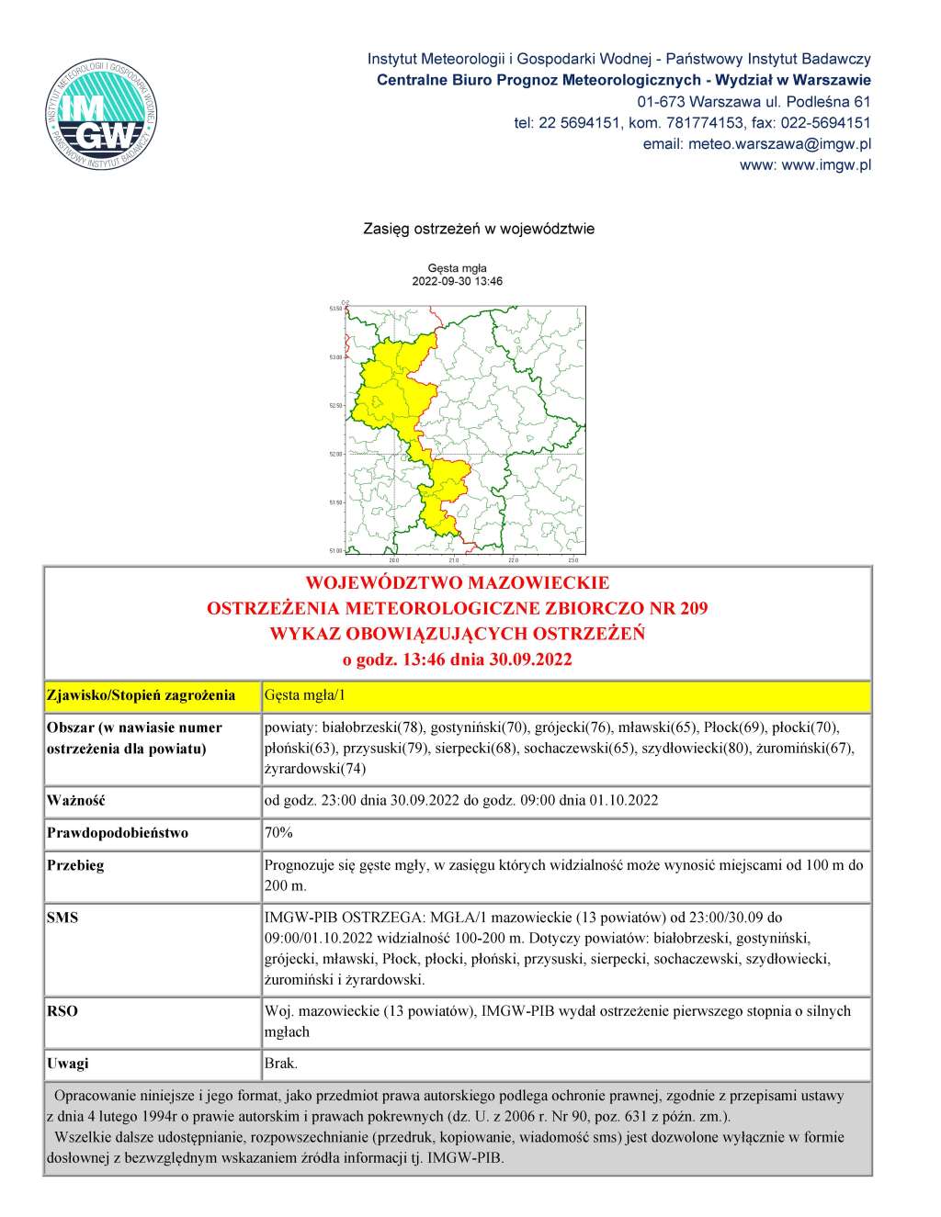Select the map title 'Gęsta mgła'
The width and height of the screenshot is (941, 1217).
(x=457, y=268)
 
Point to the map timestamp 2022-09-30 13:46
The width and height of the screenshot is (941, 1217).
(x=457, y=281)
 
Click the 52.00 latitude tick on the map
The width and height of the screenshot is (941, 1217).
(x=335, y=454)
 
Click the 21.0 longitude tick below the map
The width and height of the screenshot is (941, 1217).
(x=453, y=559)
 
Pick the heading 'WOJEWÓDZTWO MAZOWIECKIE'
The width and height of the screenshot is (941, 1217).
(x=457, y=583)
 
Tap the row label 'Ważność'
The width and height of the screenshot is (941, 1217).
(x=76, y=801)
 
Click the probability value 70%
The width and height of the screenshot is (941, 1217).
(x=278, y=833)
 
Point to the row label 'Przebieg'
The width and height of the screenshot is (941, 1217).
(x=75, y=865)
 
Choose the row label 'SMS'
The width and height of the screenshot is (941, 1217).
(x=62, y=918)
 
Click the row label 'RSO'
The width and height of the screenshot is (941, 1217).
(x=62, y=1011)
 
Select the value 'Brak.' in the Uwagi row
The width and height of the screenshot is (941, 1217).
(x=281, y=1064)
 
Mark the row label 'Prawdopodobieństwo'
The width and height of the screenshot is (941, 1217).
(x=118, y=833)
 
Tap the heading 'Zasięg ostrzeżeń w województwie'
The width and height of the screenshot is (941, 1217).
(x=479, y=229)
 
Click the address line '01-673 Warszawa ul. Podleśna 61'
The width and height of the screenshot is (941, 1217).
(x=754, y=102)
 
